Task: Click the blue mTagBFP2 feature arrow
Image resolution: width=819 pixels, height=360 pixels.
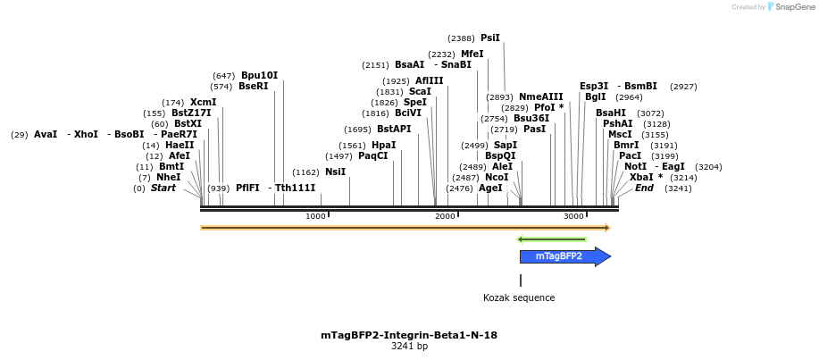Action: click(x=561, y=257)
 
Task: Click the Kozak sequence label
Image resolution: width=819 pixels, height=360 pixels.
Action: click(x=519, y=298)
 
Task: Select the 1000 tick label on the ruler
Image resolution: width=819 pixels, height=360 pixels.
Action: click(x=315, y=217)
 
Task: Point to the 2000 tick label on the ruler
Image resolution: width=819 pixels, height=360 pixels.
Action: click(x=445, y=217)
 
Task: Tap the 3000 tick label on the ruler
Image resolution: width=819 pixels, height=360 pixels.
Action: click(x=573, y=217)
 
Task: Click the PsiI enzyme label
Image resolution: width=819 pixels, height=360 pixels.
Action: click(x=490, y=38)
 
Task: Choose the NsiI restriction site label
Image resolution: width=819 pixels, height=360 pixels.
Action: click(x=335, y=172)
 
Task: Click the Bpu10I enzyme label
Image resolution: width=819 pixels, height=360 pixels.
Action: click(x=259, y=75)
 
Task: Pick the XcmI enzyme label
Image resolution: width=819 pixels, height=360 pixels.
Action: click(x=203, y=103)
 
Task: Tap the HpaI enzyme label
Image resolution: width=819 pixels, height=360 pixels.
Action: click(x=383, y=146)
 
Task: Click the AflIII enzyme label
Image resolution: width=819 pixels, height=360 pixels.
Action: click(x=429, y=80)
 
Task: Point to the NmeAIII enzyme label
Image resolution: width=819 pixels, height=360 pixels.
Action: click(x=541, y=96)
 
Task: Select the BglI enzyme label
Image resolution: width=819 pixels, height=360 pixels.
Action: click(x=595, y=96)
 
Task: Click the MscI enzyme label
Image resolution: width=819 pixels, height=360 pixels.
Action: click(x=620, y=134)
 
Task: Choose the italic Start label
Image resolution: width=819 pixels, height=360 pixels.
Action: click(x=163, y=188)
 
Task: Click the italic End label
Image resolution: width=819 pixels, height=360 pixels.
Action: click(x=644, y=188)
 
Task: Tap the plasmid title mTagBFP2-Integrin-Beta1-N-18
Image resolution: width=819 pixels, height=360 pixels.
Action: click(x=409, y=335)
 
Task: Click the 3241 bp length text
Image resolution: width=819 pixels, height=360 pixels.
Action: click(x=409, y=347)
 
